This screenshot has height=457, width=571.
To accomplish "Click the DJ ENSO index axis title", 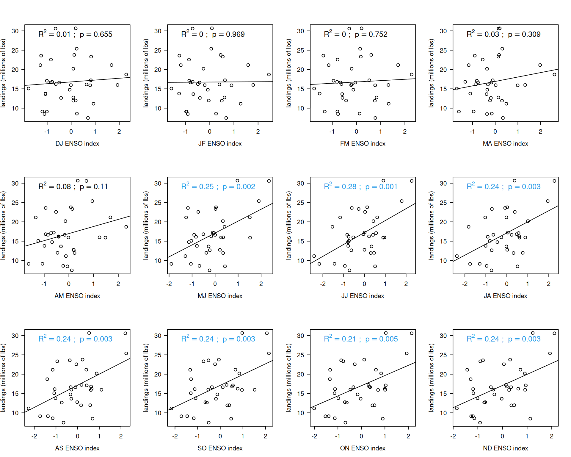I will point(77,144).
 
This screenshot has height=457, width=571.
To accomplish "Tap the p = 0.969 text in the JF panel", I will point(228,35).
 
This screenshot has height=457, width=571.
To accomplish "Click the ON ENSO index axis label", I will point(363,448).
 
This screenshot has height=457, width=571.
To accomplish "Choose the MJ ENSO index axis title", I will point(220,296).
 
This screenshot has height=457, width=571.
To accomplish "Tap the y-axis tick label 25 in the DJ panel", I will point(15,50).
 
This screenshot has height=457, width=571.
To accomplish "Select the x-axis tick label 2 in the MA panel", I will point(540,132).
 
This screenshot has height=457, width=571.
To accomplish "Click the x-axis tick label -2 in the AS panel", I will point(34,436).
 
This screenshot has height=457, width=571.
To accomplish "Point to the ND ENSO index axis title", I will point(505,448).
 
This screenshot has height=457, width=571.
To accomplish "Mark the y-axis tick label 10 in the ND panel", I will point(443,413).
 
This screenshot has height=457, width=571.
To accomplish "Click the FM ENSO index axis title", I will point(363,144).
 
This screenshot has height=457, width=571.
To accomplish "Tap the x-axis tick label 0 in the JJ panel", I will point(364,284).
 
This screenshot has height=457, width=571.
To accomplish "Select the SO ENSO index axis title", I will point(220,448).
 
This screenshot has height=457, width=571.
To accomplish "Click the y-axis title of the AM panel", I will point(3,226).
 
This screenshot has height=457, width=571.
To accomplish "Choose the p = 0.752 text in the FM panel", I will point(371,35).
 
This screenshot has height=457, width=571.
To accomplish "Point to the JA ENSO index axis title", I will point(505,296).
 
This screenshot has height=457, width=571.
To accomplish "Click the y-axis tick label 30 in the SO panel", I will point(158,336).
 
